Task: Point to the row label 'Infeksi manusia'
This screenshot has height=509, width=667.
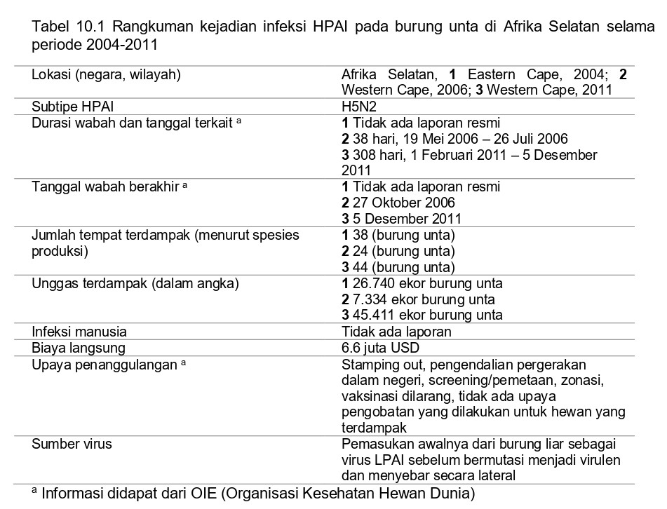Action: tap(79, 332)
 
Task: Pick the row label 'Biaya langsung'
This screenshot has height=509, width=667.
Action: tap(79, 348)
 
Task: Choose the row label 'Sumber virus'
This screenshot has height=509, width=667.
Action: tap(72, 444)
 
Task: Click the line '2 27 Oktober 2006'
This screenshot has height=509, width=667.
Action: tap(398, 203)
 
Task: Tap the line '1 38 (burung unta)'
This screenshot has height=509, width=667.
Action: tap(398, 235)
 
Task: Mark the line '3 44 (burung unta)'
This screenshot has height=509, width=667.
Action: tap(398, 267)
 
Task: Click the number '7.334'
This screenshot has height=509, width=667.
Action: tap(368, 299)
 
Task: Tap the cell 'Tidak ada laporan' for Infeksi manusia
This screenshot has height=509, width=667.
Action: tap(396, 332)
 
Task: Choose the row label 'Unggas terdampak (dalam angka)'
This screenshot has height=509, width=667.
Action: tap(135, 283)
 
